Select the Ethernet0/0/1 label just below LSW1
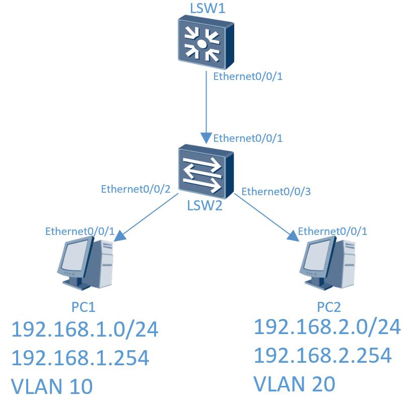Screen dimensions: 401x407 click(x=246, y=77)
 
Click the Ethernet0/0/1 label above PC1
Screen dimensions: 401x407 click(x=80, y=231)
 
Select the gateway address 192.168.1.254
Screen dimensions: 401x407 click(x=80, y=358)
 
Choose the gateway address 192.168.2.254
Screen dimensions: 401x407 click(x=322, y=356)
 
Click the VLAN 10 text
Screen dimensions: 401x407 click(x=52, y=386)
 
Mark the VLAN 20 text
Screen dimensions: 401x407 click(x=294, y=384)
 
